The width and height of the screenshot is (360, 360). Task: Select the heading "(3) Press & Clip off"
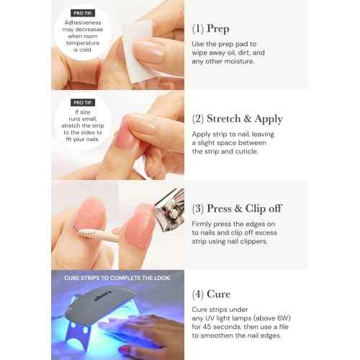237,209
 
